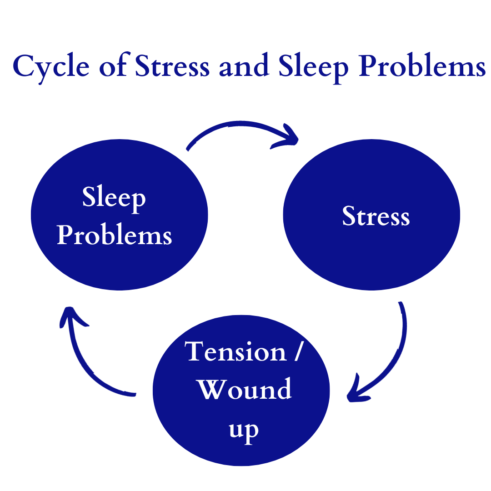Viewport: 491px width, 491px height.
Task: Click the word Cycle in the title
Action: tap(50, 67)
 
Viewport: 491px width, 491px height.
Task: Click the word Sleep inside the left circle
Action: tap(114, 198)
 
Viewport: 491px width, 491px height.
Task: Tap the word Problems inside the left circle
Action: tap(115, 235)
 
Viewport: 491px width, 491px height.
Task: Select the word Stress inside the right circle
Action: tap(376, 216)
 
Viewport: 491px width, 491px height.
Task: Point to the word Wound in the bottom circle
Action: tap(245, 389)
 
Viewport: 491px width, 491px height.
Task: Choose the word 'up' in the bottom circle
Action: tap(244, 429)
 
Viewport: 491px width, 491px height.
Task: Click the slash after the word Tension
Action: tap(297, 351)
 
